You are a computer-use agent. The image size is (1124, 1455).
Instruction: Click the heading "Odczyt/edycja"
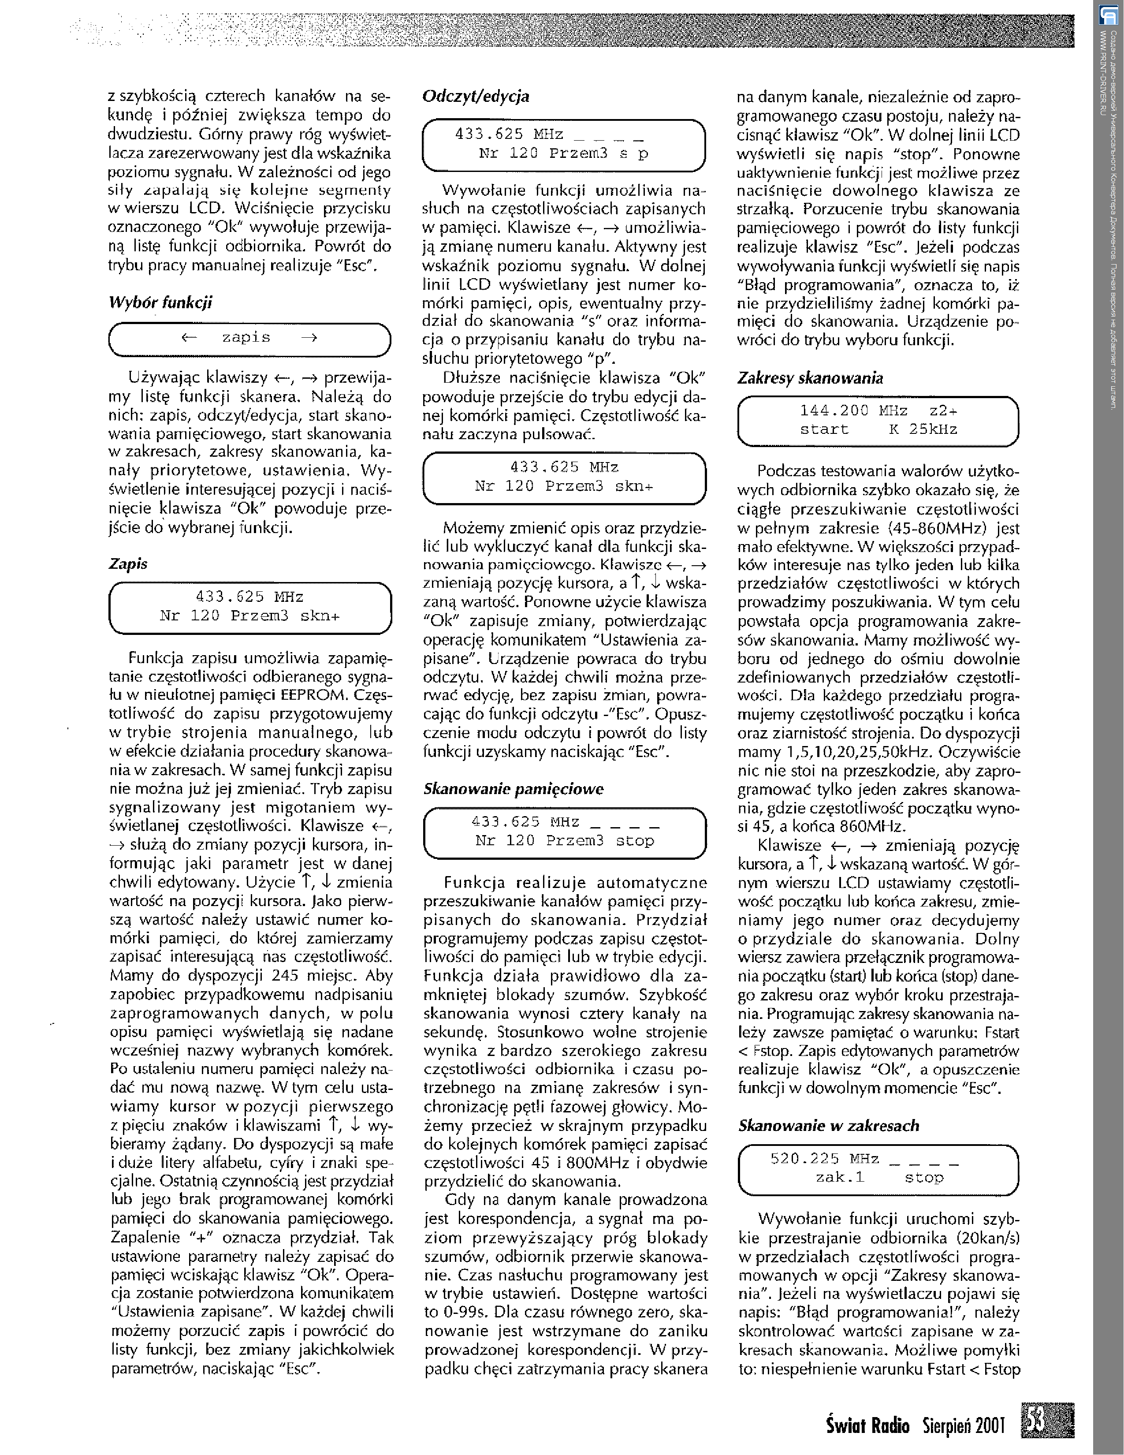pyautogui.click(x=476, y=97)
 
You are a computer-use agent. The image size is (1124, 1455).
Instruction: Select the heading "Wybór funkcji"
pyautogui.click(x=160, y=302)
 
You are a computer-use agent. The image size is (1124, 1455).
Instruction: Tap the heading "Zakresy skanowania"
pyautogui.click(x=810, y=378)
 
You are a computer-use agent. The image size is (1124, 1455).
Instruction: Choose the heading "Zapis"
pyautogui.click(x=128, y=563)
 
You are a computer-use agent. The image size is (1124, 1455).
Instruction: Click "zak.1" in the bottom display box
pyautogui.click(x=840, y=1177)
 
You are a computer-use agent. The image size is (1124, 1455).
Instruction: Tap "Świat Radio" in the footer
pyautogui.click(x=867, y=1426)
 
